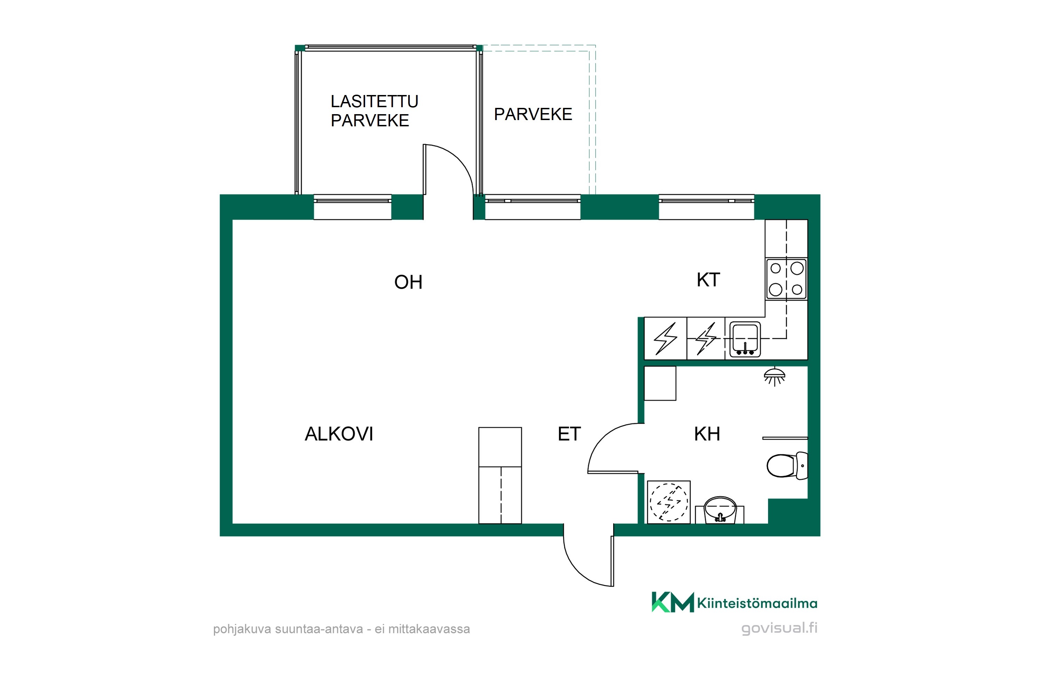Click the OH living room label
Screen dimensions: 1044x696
(408, 282)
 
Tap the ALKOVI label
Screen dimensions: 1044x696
(339, 434)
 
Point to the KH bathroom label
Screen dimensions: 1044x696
(707, 434)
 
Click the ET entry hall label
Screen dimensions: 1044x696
(569, 434)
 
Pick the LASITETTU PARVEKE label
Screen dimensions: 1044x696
(374, 111)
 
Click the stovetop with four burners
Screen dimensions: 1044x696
(786, 279)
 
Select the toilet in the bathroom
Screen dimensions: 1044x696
(787, 466)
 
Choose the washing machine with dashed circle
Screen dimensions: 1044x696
(669, 502)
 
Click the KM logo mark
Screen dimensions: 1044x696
(672, 602)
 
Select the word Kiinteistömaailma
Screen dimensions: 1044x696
(757, 603)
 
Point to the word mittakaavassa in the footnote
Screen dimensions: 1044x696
(429, 629)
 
